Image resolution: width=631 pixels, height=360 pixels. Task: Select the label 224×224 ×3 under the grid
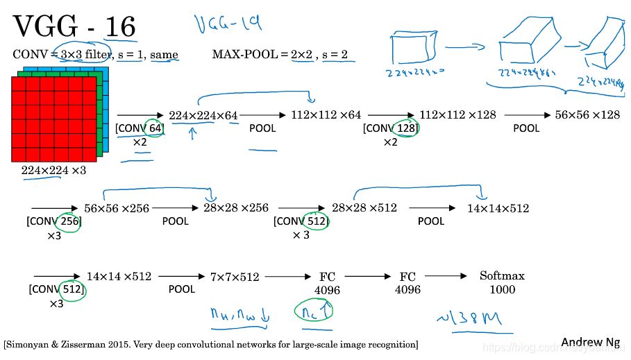[x=53, y=170]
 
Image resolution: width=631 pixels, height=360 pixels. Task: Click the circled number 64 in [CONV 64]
[x=154, y=128]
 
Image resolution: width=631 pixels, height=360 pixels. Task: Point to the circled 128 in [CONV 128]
[x=407, y=128]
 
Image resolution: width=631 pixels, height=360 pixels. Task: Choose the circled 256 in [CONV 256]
[x=69, y=221]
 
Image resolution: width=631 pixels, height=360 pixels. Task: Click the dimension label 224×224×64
[x=203, y=115]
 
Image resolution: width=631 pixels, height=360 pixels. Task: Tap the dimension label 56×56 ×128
[x=587, y=114]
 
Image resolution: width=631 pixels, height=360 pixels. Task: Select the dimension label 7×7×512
[x=235, y=277]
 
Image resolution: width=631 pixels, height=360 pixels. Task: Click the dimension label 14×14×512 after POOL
[x=498, y=208]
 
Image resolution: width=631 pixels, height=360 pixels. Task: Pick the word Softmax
[x=502, y=275]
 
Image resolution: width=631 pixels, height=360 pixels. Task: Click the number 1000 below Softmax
[x=502, y=289]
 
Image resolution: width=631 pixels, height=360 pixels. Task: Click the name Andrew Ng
[x=591, y=342]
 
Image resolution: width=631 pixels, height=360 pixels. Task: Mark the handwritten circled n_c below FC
[x=312, y=312]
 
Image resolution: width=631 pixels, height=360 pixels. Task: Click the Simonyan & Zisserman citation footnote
[x=210, y=344]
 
